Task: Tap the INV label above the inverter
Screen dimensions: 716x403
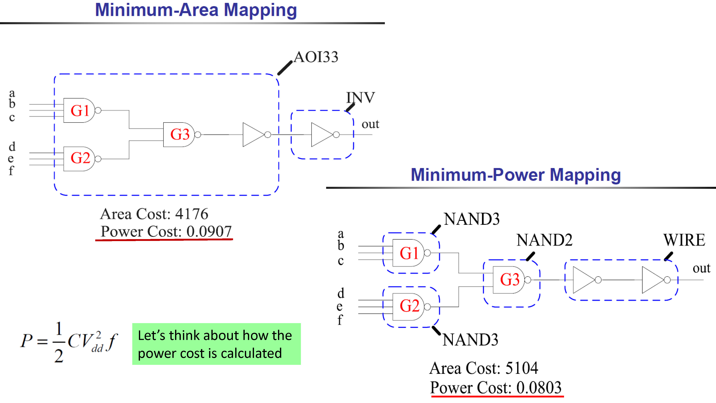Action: coord(361,98)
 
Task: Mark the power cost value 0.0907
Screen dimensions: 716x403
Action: coord(209,231)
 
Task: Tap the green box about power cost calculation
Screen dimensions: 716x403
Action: coord(217,344)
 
